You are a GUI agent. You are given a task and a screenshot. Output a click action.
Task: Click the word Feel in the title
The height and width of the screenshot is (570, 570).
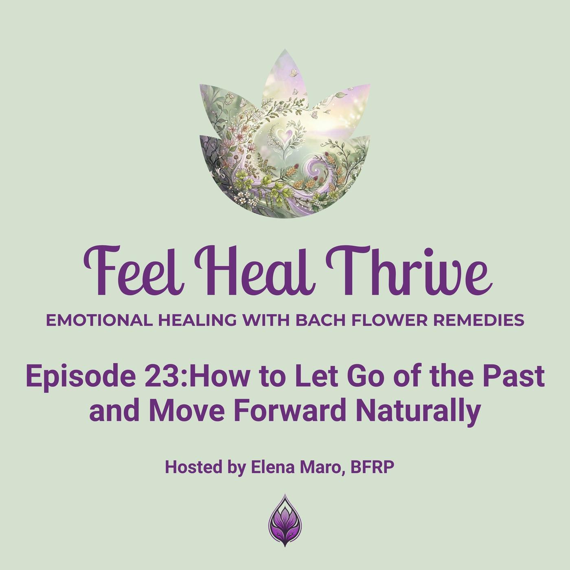(134, 271)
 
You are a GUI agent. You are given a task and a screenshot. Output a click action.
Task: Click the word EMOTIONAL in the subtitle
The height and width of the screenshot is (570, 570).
(99, 320)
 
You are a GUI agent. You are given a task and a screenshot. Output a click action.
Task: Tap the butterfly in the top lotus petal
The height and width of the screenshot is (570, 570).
(293, 72)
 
